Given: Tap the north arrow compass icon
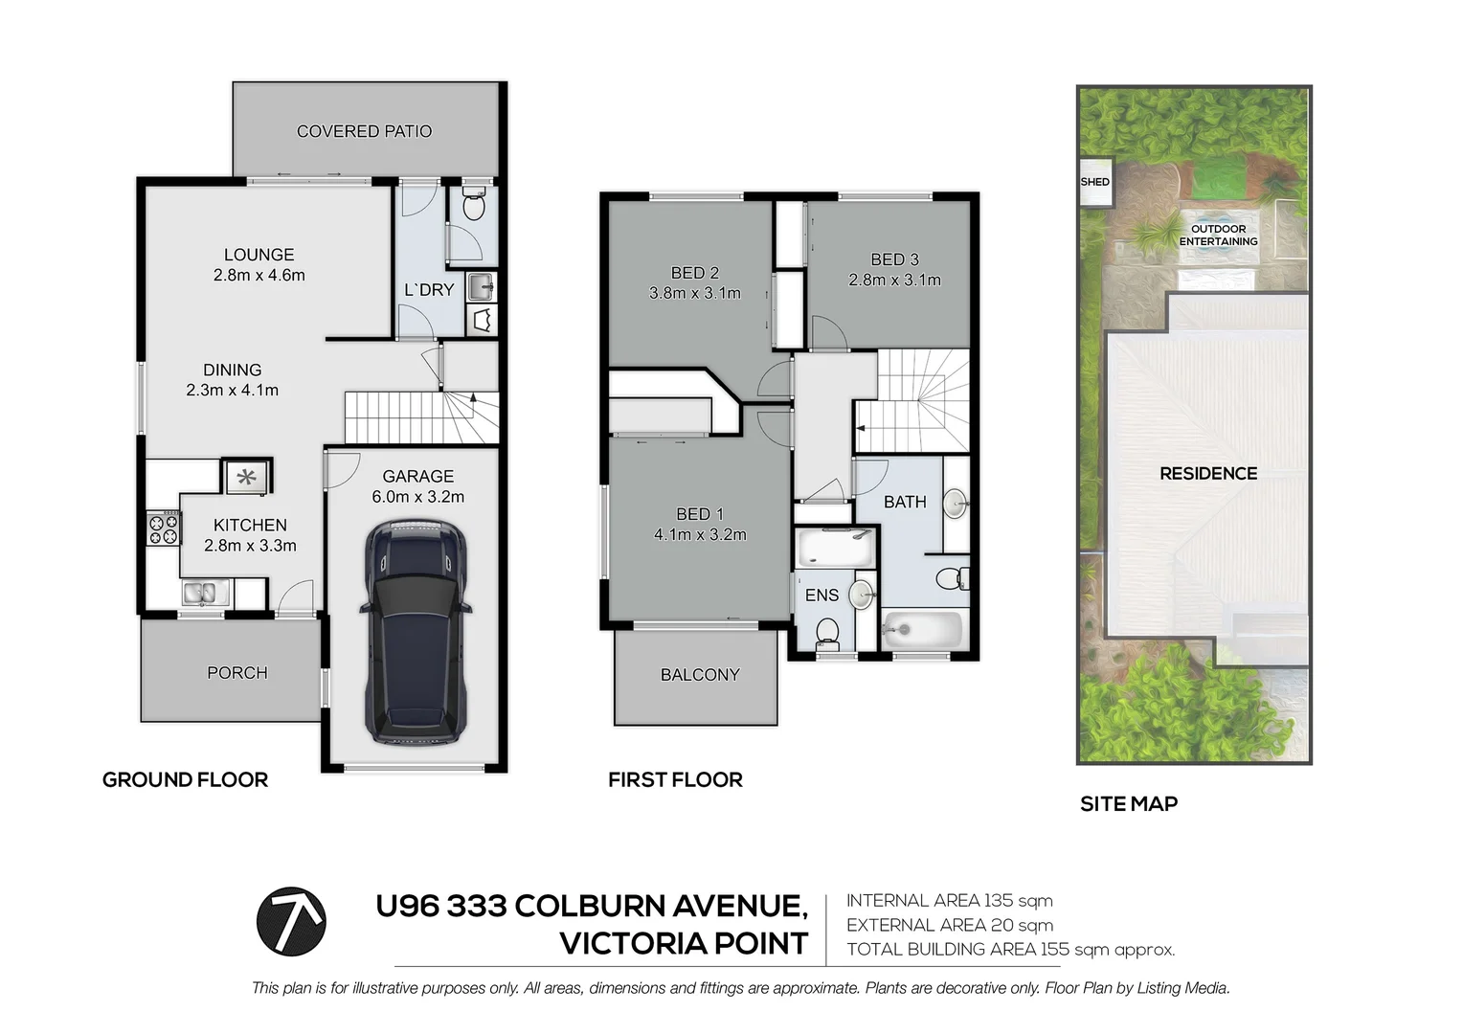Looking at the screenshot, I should click(291, 921).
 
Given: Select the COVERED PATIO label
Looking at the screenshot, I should click(364, 131).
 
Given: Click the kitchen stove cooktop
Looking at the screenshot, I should click(163, 528).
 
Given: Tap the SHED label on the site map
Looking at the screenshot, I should click(1094, 182).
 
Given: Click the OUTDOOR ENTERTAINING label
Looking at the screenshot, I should click(1218, 236).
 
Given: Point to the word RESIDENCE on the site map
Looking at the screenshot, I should click(1208, 473).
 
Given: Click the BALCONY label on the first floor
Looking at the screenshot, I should click(700, 675).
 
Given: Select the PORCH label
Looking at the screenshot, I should click(237, 673).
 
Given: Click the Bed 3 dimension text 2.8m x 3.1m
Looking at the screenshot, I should click(894, 281).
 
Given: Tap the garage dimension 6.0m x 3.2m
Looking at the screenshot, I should click(418, 497).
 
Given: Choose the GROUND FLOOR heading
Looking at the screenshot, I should click(185, 779).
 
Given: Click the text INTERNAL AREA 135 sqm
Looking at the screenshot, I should click(949, 901).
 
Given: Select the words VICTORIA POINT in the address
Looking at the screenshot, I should click(684, 943).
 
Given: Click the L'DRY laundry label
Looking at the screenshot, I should click(428, 290).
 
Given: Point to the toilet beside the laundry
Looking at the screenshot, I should click(474, 205).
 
